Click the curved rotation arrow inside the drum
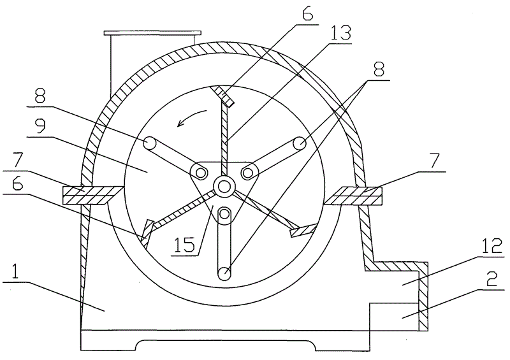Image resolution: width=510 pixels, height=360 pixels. point(193,117)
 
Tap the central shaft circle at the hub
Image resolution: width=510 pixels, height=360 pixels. point(224,187)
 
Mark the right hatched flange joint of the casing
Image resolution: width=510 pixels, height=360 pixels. point(354,195)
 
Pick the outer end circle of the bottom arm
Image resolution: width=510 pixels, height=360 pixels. point(224,273)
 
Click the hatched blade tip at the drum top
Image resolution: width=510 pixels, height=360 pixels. point(223,96)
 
